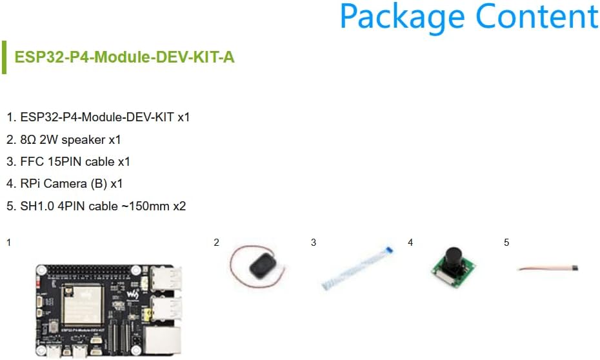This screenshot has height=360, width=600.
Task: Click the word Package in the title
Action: tap(402, 17)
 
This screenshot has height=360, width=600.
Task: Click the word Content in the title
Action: tap(537, 16)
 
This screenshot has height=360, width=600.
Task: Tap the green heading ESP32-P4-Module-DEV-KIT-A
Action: tap(125, 57)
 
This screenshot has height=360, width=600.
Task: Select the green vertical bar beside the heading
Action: tap(5, 57)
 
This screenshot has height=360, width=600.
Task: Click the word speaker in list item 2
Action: tap(83, 140)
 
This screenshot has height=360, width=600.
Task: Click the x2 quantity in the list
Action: tap(179, 206)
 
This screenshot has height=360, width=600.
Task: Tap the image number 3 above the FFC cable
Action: tap(314, 242)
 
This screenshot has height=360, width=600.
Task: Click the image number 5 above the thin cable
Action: tap(506, 242)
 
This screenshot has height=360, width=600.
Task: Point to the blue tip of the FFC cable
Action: tap(390, 250)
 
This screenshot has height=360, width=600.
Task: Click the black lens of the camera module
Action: tap(454, 256)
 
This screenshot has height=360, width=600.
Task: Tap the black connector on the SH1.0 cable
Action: tap(575, 268)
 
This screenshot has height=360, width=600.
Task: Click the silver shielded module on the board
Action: tap(83, 305)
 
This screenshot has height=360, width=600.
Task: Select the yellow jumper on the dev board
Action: tap(145, 315)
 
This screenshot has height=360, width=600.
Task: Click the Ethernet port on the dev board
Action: tap(163, 341)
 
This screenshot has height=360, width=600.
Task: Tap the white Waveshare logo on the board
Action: tap(133, 295)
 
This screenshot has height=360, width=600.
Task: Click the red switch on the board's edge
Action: tap(38, 283)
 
